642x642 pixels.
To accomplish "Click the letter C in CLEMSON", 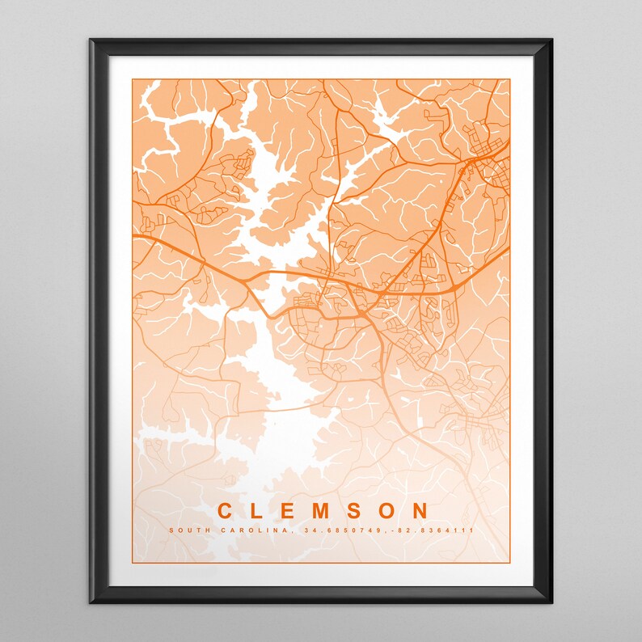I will (x=226, y=511).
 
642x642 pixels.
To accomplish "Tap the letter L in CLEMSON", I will (x=259, y=511).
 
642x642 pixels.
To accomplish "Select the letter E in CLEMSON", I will (x=290, y=511).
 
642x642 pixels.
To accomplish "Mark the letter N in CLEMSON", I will (x=420, y=511).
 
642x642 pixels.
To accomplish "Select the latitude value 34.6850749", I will (x=332, y=530).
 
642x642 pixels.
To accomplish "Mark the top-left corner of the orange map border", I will (x=133, y=78).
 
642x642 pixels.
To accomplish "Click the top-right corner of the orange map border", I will (x=510, y=78).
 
